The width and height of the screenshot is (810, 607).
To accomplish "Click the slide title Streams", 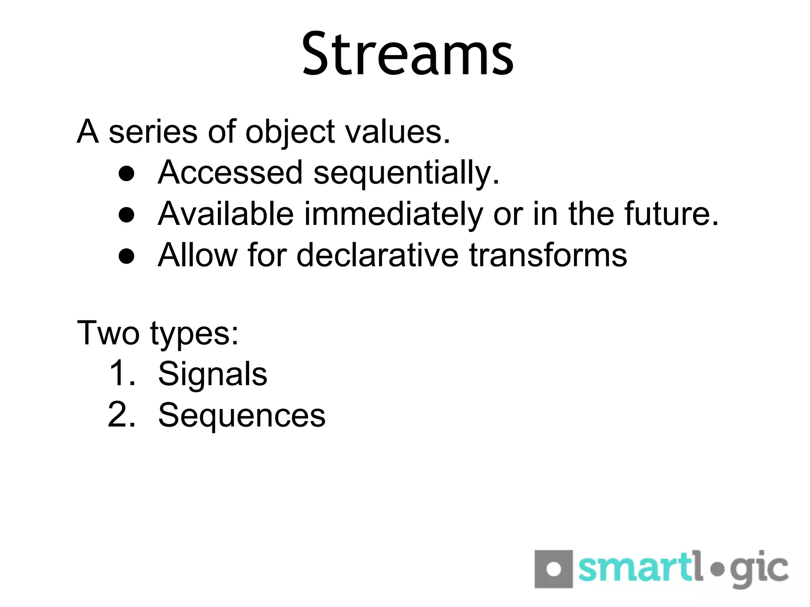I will point(407,55).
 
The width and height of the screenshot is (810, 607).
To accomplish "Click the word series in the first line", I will point(153,132).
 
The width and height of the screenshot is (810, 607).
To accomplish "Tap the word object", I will point(290,133).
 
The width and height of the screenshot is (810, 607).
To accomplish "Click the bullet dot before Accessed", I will point(127,174).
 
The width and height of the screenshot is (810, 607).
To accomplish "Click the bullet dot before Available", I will point(127,215).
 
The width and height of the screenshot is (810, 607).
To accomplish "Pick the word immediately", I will point(394,215).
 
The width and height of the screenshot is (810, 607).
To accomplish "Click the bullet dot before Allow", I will point(127,256).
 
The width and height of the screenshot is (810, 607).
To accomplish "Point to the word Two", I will point(108,333).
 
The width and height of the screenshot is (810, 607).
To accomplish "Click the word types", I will point(194,335).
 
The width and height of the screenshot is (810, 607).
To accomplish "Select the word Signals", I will point(212,375).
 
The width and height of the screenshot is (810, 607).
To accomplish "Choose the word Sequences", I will point(242,416).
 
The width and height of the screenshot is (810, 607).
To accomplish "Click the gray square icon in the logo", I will point(553,569).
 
